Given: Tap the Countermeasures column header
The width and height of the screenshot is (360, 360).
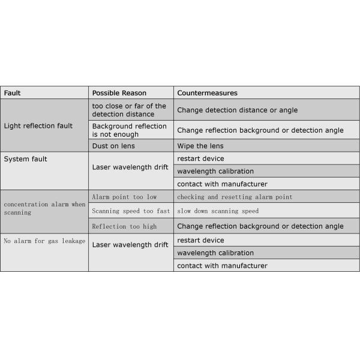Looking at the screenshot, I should pyautogui.click(x=207, y=93).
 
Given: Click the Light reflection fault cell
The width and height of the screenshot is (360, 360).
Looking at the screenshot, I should pyautogui.click(x=38, y=126).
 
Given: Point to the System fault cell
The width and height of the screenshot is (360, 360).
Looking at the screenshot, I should pyautogui.click(x=26, y=159).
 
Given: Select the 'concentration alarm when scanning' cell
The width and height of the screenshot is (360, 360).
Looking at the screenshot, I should pyautogui.click(x=45, y=208).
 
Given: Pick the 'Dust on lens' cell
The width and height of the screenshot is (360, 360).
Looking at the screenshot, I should pyautogui.click(x=113, y=146).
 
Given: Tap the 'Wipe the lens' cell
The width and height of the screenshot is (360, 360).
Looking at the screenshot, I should pyautogui.click(x=200, y=146).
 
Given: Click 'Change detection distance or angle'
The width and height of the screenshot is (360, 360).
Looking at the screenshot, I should pyautogui.click(x=237, y=110).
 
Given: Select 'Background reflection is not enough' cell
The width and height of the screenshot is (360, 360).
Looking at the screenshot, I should pyautogui.click(x=130, y=130).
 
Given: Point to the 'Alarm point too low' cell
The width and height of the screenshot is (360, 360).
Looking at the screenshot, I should pyautogui.click(x=124, y=197).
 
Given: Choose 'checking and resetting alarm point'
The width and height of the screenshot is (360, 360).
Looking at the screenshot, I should pyautogui.click(x=235, y=197).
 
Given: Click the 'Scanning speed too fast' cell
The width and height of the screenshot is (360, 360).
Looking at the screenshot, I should pyautogui.click(x=131, y=211).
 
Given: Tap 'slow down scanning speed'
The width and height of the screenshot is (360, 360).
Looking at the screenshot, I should pyautogui.click(x=218, y=211).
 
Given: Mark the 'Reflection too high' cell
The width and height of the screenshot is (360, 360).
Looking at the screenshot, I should pyautogui.click(x=124, y=226).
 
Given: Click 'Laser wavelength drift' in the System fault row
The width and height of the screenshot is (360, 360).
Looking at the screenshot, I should pyautogui.click(x=130, y=167).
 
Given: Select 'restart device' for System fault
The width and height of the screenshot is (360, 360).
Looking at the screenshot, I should pyautogui.click(x=200, y=158).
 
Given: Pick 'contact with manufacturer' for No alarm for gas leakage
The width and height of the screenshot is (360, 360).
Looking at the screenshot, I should pyautogui.click(x=222, y=265).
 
